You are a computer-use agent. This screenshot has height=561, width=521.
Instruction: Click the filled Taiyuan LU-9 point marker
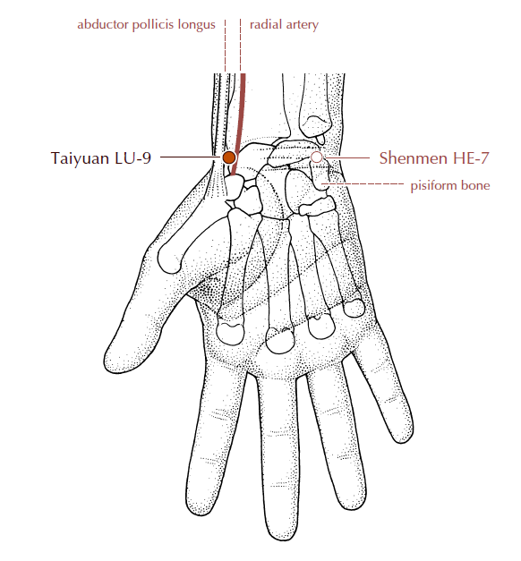click(x=229, y=157)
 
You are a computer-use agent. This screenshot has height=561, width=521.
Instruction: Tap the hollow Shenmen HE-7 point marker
click(x=317, y=157)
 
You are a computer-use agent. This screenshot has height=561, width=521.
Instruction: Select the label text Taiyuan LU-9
click(x=101, y=157)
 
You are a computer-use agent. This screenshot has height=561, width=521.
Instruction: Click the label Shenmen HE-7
click(x=434, y=157)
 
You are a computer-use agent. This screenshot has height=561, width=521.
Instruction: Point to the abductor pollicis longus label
click(x=146, y=25)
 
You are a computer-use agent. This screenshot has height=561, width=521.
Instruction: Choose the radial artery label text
click(x=284, y=25)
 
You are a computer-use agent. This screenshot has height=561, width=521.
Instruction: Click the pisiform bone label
click(x=450, y=185)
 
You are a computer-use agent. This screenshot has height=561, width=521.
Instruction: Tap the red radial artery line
click(x=240, y=124)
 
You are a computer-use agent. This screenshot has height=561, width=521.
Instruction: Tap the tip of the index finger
click(x=200, y=510)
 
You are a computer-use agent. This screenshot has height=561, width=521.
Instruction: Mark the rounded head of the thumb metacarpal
click(x=169, y=258)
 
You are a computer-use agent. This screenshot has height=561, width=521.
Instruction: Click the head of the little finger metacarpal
click(x=354, y=308)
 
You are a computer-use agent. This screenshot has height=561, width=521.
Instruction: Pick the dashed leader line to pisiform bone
click(x=363, y=184)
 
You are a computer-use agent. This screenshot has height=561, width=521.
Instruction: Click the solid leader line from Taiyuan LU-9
click(x=191, y=157)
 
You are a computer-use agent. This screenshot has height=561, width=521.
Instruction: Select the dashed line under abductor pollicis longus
click(x=226, y=46)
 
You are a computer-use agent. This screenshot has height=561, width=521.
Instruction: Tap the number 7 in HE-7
click(x=484, y=157)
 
